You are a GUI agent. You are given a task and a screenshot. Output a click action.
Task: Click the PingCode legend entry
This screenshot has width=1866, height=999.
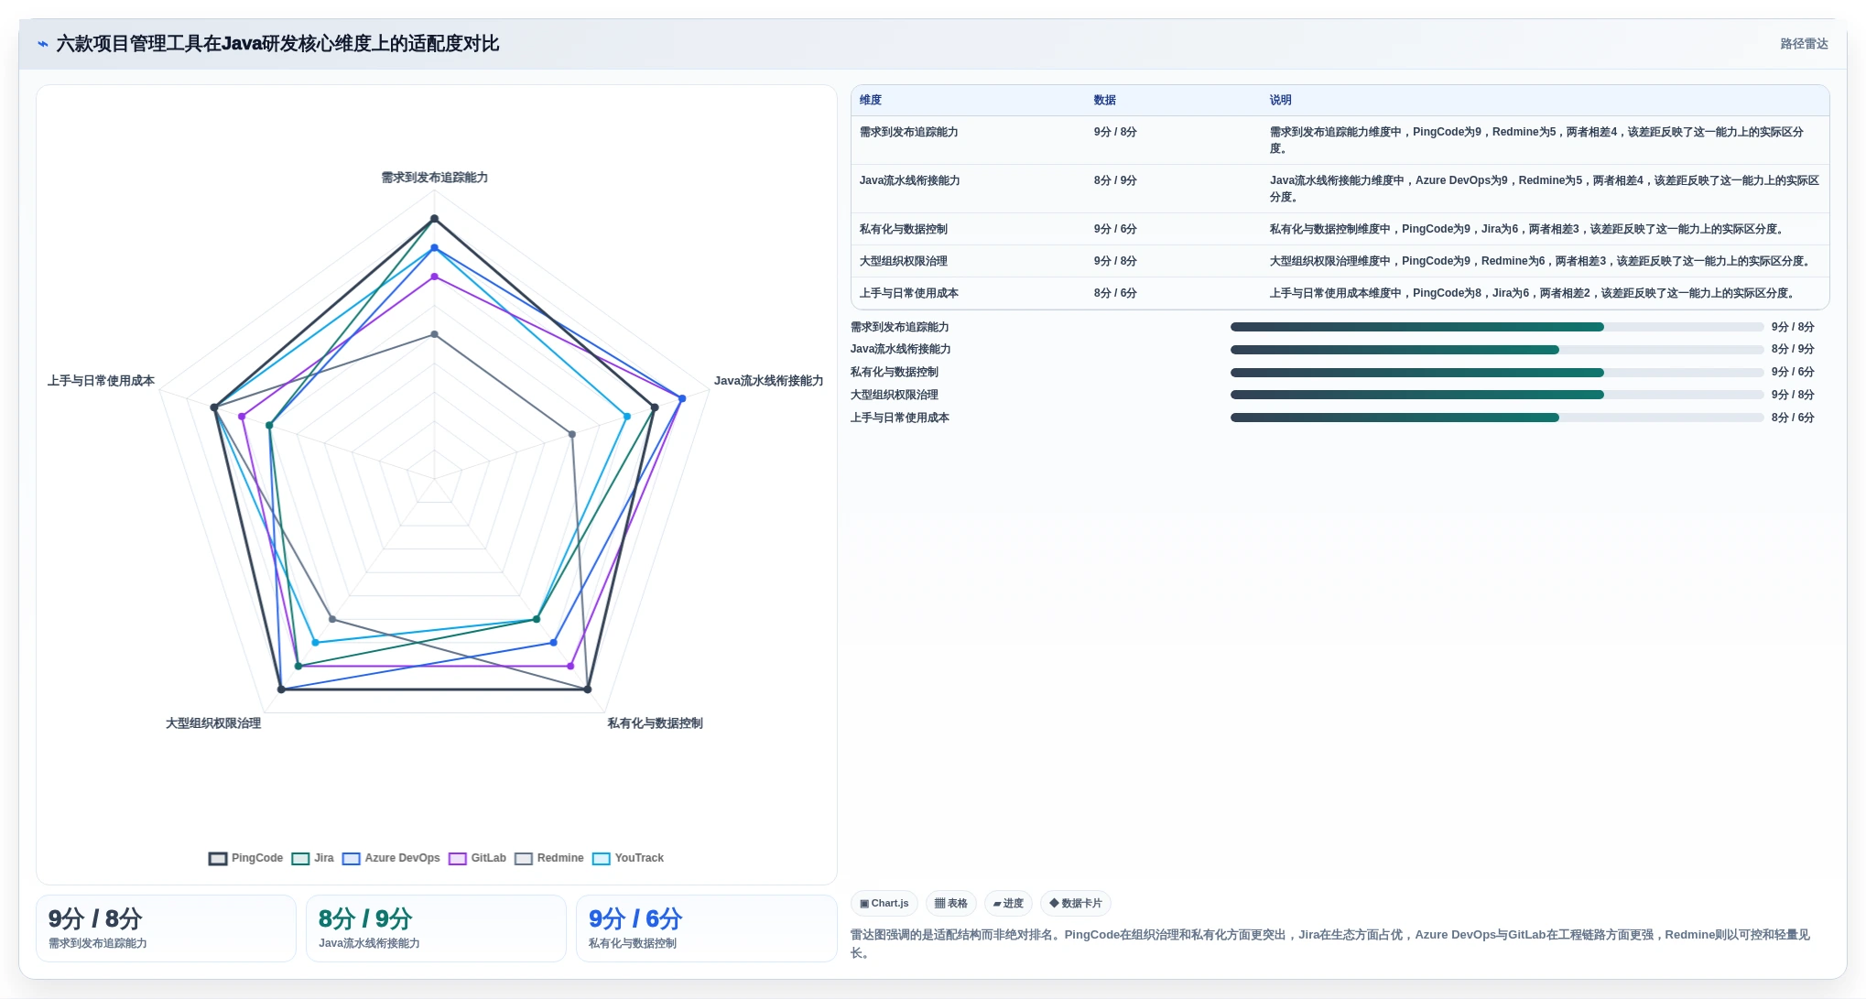pyautogui.click(x=246, y=858)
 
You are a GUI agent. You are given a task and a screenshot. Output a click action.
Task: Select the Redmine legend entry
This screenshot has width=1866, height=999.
pyautogui.click(x=549, y=858)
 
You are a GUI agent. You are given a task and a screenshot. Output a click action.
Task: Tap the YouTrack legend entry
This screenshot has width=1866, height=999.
pyautogui.click(x=628, y=858)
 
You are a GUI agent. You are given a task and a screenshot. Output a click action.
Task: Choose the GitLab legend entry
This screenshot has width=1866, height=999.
pyautogui.click(x=477, y=858)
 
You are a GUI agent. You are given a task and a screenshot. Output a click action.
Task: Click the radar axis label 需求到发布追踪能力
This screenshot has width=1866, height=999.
pyautogui.click(x=435, y=178)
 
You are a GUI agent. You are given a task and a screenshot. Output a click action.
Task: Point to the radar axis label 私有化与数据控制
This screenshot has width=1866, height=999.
pyautogui.click(x=656, y=723)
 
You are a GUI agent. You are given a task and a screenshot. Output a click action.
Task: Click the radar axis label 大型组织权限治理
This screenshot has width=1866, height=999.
pyautogui.click(x=213, y=723)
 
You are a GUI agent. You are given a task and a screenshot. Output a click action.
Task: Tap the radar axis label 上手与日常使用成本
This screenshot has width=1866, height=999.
pyautogui.click(x=102, y=381)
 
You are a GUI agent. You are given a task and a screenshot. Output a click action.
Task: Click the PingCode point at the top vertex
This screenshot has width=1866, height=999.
pyautogui.click(x=435, y=219)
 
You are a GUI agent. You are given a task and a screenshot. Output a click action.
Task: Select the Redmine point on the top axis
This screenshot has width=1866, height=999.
pyautogui.click(x=435, y=334)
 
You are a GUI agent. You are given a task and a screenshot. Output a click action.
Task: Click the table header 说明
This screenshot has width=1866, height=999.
pyautogui.click(x=1280, y=100)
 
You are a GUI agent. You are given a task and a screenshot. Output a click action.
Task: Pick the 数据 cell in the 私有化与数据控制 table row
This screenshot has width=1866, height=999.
pyautogui.click(x=1115, y=229)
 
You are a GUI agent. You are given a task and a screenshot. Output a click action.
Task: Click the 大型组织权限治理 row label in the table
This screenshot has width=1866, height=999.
pyautogui.click(x=904, y=261)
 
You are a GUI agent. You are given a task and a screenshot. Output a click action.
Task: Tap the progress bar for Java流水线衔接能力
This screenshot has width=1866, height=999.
pyautogui.click(x=1497, y=350)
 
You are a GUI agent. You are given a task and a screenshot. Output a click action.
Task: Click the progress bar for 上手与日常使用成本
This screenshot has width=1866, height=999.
pyautogui.click(x=1497, y=418)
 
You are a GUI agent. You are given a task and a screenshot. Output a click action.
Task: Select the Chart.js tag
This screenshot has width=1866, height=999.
pyautogui.click(x=884, y=904)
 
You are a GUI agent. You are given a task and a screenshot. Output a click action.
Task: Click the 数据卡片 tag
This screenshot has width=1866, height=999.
pyautogui.click(x=1076, y=904)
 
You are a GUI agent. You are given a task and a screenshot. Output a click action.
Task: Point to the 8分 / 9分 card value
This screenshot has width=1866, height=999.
pyautogui.click(x=365, y=918)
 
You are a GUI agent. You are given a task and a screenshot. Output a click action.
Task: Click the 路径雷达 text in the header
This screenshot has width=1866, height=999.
pyautogui.click(x=1804, y=44)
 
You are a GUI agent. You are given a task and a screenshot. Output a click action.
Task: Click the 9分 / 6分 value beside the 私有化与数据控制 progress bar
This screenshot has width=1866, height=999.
pyautogui.click(x=1793, y=372)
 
